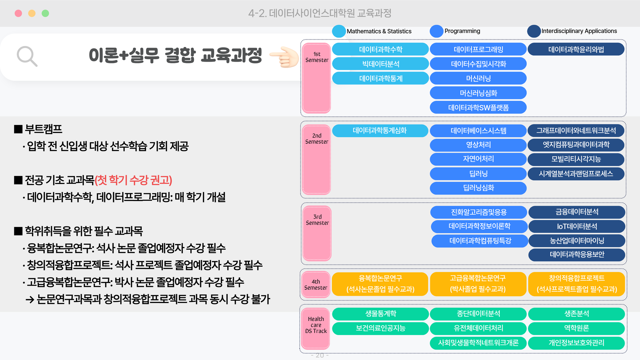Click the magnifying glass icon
pyautogui.click(x=27, y=56)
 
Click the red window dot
pyautogui.click(x=18, y=13)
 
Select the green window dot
pyautogui.click(x=45, y=13)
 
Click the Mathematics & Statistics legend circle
pyautogui.click(x=339, y=31)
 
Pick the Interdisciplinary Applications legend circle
pyautogui.click(x=534, y=31)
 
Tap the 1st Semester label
pyautogui.click(x=317, y=57)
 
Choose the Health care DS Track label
pyautogui.click(x=316, y=325)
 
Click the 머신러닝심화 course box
pyautogui.click(x=478, y=93)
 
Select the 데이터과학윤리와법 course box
pyautogui.click(x=576, y=49)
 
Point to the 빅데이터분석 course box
pyautogui.click(x=381, y=64)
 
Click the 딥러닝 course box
pyautogui.click(x=478, y=174)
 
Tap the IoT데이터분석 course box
pyautogui.click(x=577, y=226)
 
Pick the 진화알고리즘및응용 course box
pyautogui.click(x=479, y=212)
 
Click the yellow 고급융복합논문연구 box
pyautogui.click(x=478, y=284)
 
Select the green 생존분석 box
pyautogui.click(x=577, y=314)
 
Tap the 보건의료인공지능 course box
pyautogui.click(x=381, y=328)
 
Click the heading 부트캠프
pyautogui.click(x=43, y=129)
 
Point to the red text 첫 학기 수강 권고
pyautogui.click(x=133, y=180)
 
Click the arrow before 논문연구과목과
pyautogui.click(x=30, y=300)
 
